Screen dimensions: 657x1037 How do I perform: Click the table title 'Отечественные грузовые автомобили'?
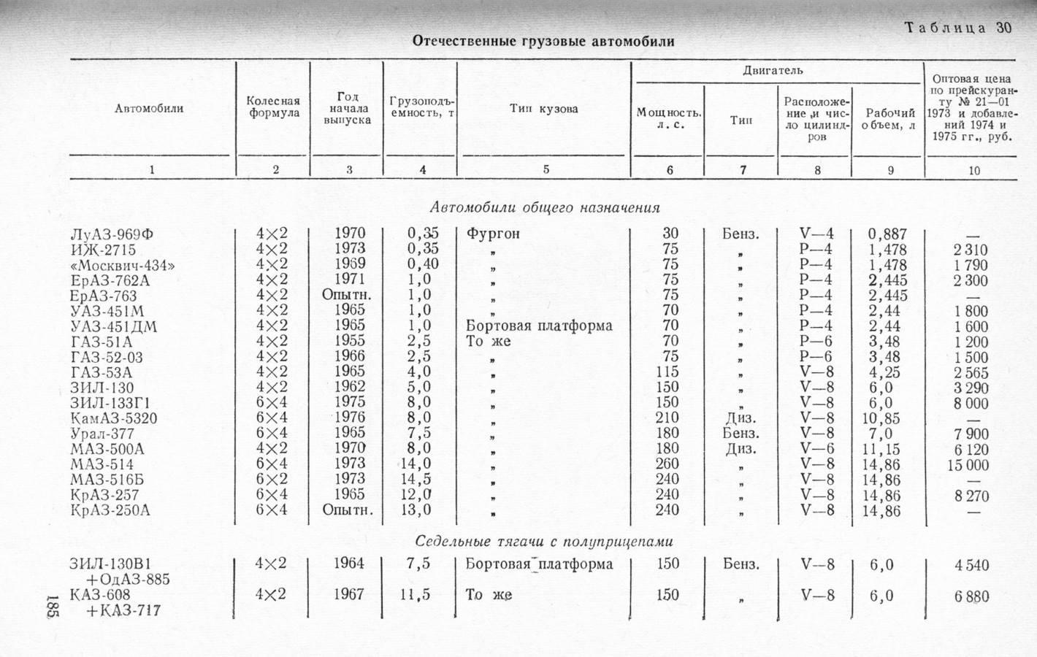tap(543, 41)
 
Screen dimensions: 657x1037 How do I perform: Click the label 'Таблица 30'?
tap(958, 28)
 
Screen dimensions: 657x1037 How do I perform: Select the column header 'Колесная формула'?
tap(273, 107)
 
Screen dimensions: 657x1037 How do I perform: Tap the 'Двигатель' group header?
tap(773, 71)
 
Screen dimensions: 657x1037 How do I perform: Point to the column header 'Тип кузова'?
tap(544, 109)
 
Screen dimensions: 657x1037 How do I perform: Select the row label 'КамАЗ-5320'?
tap(114, 418)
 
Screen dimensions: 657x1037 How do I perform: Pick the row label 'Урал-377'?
tap(102, 434)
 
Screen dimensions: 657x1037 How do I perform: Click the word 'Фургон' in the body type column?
tap(494, 234)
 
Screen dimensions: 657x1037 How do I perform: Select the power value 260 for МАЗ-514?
tap(667, 464)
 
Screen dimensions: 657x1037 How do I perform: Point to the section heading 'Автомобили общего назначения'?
tap(544, 207)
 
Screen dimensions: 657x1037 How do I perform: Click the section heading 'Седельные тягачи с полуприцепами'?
tap(543, 542)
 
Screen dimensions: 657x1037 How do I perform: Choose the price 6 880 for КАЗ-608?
tap(971, 596)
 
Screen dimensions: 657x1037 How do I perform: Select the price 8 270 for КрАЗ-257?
tap(971, 496)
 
